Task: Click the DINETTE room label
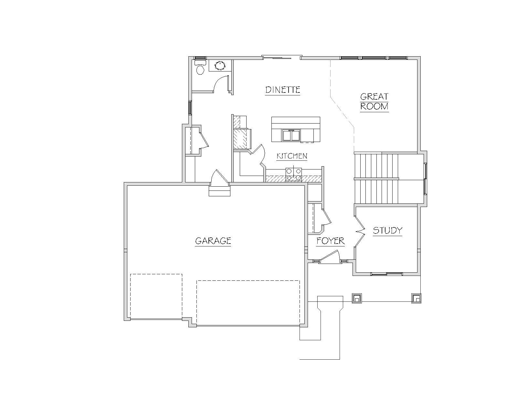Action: tap(283, 90)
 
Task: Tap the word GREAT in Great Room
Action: tap(374, 97)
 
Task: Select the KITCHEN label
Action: tap(292, 156)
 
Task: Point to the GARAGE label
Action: tap(213, 241)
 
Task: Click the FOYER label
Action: tap(331, 241)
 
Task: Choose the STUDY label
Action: tap(387, 231)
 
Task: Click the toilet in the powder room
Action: tap(200, 67)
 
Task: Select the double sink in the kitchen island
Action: tap(291, 136)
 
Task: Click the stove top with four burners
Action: tap(294, 174)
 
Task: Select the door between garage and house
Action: tap(219, 177)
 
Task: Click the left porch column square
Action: tap(357, 298)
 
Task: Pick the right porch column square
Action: tap(416, 298)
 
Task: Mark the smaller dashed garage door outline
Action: tap(156, 297)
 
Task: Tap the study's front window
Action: tap(386, 274)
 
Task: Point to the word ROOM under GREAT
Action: tap(374, 106)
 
